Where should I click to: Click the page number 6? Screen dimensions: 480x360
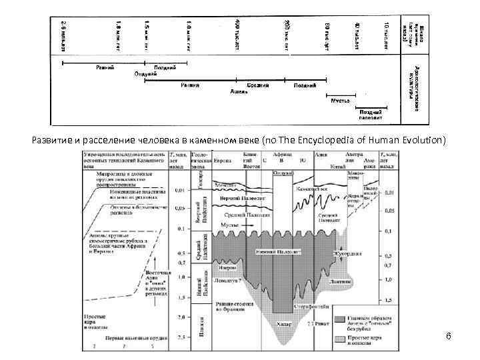click(x=449, y=336)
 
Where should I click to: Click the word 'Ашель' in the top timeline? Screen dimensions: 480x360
click(x=239, y=91)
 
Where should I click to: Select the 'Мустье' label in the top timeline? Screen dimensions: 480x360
click(x=342, y=100)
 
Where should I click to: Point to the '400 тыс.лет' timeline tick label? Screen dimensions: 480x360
click(x=237, y=31)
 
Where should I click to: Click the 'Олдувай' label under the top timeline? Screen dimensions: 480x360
click(x=146, y=74)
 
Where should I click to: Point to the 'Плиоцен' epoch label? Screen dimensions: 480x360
click(x=201, y=324)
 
